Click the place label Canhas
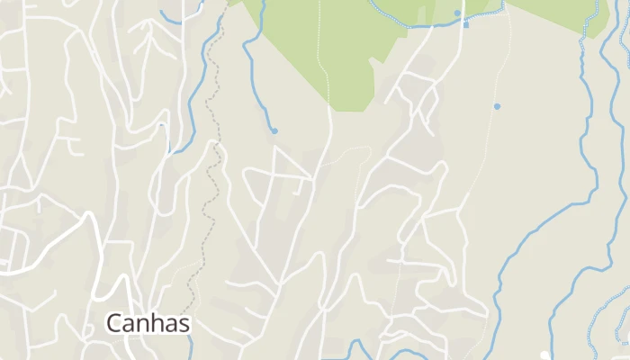(x=148, y=322)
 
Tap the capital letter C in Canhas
(x=114, y=322)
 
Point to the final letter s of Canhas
(x=184, y=323)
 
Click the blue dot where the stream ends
(x=274, y=131)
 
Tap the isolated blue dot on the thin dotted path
(x=497, y=106)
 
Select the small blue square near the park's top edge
(x=465, y=25)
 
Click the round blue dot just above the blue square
(x=457, y=13)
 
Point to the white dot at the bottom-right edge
(x=544, y=355)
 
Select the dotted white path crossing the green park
(x=321, y=54)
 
